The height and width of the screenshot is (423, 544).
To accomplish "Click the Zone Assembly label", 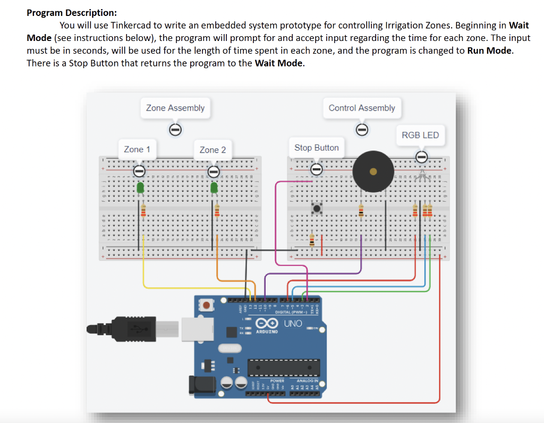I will click(175, 108).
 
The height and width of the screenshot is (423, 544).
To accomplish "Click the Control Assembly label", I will click(362, 108).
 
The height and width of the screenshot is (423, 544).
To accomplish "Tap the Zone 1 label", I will click(137, 150).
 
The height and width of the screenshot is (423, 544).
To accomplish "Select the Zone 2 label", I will click(212, 150).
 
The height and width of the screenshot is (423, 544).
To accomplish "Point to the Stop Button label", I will click(317, 147).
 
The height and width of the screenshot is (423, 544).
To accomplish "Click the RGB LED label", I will click(420, 135).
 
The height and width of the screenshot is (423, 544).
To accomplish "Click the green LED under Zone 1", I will click(141, 188).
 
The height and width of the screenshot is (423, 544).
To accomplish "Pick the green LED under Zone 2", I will click(214, 188).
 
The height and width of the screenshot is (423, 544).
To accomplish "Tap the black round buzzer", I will click(373, 171).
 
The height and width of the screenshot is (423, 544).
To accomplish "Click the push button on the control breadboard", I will click(318, 208).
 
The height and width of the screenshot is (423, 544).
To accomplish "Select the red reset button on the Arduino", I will click(206, 305).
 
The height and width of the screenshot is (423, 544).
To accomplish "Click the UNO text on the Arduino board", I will click(292, 324).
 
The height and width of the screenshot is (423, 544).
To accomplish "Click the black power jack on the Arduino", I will click(202, 384).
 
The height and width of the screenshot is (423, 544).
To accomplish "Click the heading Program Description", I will click(72, 13).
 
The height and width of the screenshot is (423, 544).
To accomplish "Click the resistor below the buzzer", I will click(361, 211).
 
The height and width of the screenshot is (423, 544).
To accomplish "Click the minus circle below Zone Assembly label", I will click(175, 129).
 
